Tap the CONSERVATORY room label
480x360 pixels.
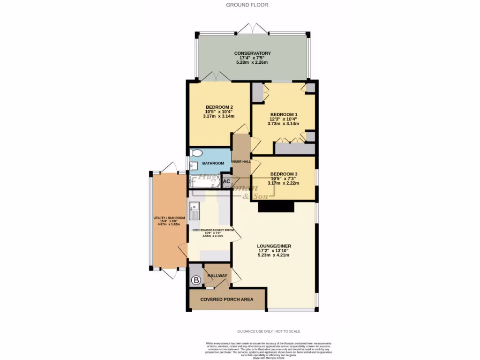253,53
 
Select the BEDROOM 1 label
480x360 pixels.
284,114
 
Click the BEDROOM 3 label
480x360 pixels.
283,174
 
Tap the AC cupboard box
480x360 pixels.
226,181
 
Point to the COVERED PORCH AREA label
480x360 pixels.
226,299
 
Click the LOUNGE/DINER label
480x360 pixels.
274,246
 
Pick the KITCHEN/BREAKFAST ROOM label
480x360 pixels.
213,230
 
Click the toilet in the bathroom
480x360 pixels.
196,153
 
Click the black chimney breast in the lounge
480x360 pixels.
276,207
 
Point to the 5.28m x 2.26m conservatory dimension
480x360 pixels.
253,63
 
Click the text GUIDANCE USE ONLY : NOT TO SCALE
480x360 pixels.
269,331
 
